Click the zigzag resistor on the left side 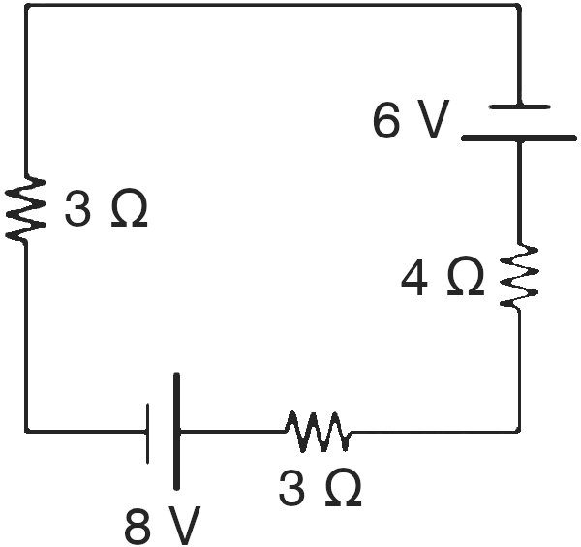[x=26, y=208]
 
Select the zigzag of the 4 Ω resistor [x=519, y=276]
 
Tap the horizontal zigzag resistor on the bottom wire [x=318, y=432]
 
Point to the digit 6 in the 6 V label [x=386, y=119]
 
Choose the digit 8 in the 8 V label [x=138, y=525]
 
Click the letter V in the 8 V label [x=184, y=525]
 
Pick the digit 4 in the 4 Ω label [x=414, y=277]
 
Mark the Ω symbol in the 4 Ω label [x=466, y=276]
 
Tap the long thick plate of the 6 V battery [x=519, y=138]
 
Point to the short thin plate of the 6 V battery [x=519, y=106]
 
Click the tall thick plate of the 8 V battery [x=177, y=432]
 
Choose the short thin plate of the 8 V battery [x=148, y=433]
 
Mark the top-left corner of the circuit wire [x=27, y=6]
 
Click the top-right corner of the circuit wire [x=519, y=6]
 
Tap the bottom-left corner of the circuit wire [x=27, y=431]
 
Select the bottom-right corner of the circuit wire [x=519, y=431]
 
